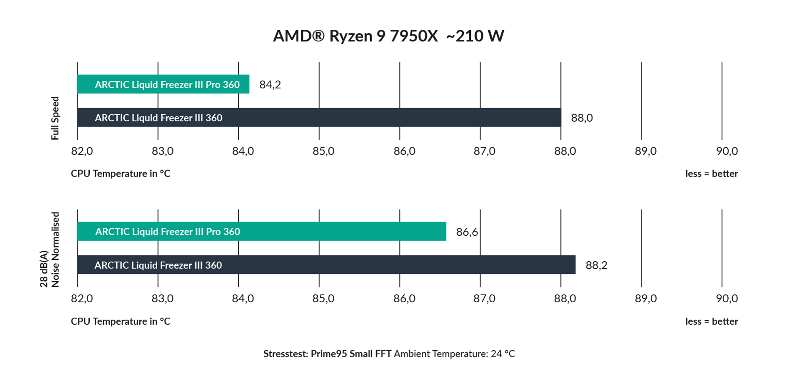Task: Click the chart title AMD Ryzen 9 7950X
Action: (x=388, y=36)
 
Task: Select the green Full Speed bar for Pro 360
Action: (x=163, y=84)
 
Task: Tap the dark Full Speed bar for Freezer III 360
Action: (x=319, y=118)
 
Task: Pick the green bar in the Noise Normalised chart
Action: (x=261, y=231)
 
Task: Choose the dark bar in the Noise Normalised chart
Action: (x=326, y=265)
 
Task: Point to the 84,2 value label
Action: (x=270, y=85)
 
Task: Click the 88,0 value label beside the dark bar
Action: (x=582, y=118)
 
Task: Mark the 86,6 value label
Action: (x=467, y=232)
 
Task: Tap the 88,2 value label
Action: (x=596, y=265)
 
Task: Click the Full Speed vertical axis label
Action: (x=55, y=118)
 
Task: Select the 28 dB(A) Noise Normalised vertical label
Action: (x=50, y=250)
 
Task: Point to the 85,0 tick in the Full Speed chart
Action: (x=323, y=151)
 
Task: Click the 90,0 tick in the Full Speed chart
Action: (x=727, y=151)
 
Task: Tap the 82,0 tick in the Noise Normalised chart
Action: (x=82, y=299)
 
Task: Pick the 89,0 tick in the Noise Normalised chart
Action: (x=645, y=299)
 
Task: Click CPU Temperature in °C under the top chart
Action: (x=120, y=174)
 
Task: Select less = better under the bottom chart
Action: (x=711, y=322)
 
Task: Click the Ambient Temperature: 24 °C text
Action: (x=454, y=354)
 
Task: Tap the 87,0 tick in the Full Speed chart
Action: (x=484, y=151)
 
